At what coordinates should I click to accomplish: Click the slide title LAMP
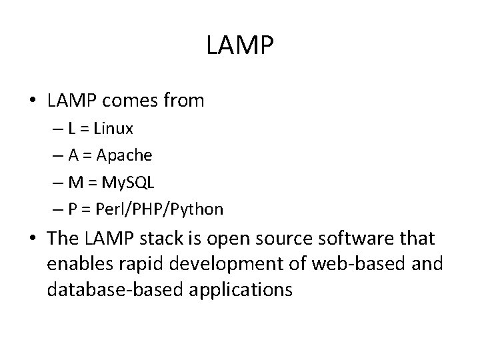(x=240, y=47)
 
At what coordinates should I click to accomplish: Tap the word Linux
(x=113, y=127)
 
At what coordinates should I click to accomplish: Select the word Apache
(x=124, y=155)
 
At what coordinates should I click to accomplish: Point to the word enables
(x=72, y=265)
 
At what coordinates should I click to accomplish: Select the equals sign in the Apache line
(x=87, y=156)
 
